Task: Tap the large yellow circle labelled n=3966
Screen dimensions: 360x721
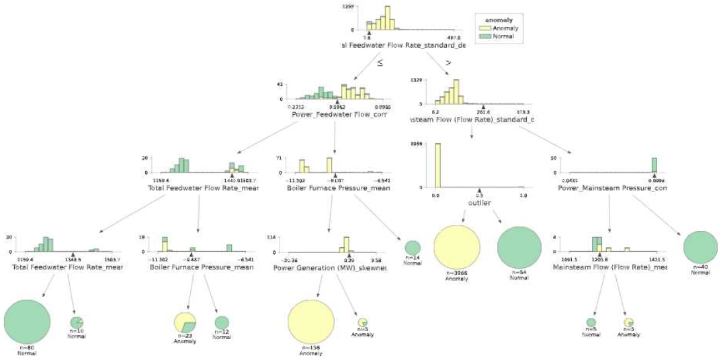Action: click(457, 247)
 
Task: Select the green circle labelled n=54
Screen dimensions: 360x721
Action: click(519, 247)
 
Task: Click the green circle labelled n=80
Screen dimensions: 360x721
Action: click(27, 320)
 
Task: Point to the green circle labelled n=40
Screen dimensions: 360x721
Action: click(700, 247)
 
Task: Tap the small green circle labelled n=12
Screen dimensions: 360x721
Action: click(222, 322)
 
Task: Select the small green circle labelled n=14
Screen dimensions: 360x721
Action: click(413, 248)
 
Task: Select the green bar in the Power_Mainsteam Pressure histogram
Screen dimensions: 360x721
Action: click(654, 165)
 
